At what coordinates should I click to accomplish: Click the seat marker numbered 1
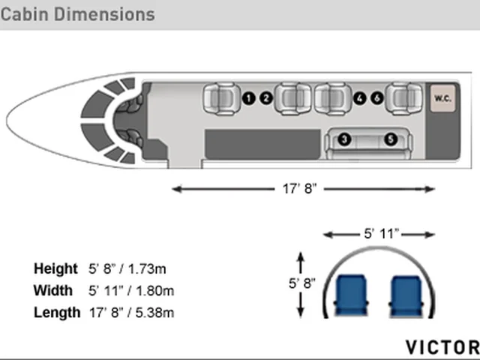click(x=248, y=98)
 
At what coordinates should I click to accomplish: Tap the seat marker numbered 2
click(x=266, y=98)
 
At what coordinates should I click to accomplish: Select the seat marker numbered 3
click(x=345, y=139)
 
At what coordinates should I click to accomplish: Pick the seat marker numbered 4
click(x=360, y=98)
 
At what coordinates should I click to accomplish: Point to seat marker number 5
click(x=391, y=139)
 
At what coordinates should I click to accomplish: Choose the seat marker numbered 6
click(x=377, y=98)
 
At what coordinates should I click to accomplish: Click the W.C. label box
click(x=442, y=98)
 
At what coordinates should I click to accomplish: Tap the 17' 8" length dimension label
click(x=299, y=188)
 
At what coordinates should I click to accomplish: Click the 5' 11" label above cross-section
click(x=382, y=234)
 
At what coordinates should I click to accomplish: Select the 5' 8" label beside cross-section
click(x=301, y=283)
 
